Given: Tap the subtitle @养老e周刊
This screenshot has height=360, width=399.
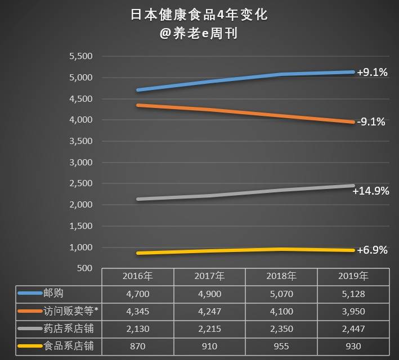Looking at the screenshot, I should [199, 34].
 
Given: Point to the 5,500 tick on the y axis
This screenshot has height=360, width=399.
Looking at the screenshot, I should [80, 56].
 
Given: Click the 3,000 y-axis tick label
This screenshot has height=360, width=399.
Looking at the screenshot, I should [80, 162].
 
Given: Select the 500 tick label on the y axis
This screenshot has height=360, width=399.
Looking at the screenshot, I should [84, 268].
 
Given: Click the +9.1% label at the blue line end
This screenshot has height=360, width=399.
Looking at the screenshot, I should [372, 73].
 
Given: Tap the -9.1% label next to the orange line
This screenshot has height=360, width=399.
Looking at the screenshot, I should [371, 121].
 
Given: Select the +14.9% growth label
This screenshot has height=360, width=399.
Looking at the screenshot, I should [371, 191].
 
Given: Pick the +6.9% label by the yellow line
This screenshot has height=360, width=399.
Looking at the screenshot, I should [372, 250].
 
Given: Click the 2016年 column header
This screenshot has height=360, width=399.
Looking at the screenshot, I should [138, 276].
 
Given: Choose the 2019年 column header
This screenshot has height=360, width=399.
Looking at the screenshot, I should [353, 276].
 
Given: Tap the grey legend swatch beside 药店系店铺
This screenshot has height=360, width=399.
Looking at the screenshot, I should [29, 328].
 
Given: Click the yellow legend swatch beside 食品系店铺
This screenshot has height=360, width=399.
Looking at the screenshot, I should [29, 346].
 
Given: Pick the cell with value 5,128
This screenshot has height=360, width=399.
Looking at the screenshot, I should [353, 294].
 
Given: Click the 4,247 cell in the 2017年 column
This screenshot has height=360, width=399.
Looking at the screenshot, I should [209, 311].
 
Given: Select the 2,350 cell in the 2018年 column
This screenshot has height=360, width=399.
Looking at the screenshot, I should [281, 328].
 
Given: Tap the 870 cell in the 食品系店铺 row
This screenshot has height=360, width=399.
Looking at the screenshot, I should [138, 346].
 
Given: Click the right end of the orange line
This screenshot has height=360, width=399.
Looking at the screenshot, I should [353, 121].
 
